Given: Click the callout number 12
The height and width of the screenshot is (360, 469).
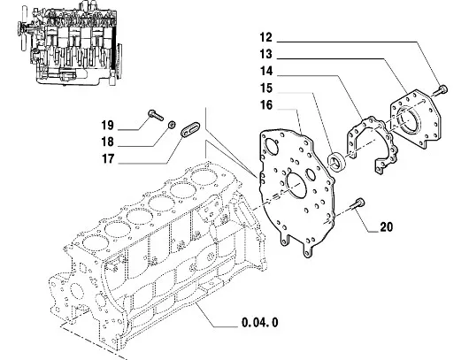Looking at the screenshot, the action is tap(265, 38).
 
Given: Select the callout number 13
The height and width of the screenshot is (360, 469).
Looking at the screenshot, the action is tap(265, 55).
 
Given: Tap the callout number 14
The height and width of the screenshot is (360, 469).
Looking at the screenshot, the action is tap(265, 71).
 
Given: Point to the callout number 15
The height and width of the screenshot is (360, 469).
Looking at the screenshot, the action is tap(265, 88).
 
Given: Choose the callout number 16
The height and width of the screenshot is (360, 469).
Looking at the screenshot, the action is tap(265, 105).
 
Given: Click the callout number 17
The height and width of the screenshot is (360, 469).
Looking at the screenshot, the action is tap(108, 158).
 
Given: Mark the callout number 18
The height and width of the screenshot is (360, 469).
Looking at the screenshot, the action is tap(108, 142).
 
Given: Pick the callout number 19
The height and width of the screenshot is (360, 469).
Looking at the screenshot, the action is tap(108, 125).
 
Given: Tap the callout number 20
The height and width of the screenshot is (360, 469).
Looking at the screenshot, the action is tap(386, 227).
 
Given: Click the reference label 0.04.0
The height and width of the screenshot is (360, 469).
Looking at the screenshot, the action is tap(259, 323).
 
